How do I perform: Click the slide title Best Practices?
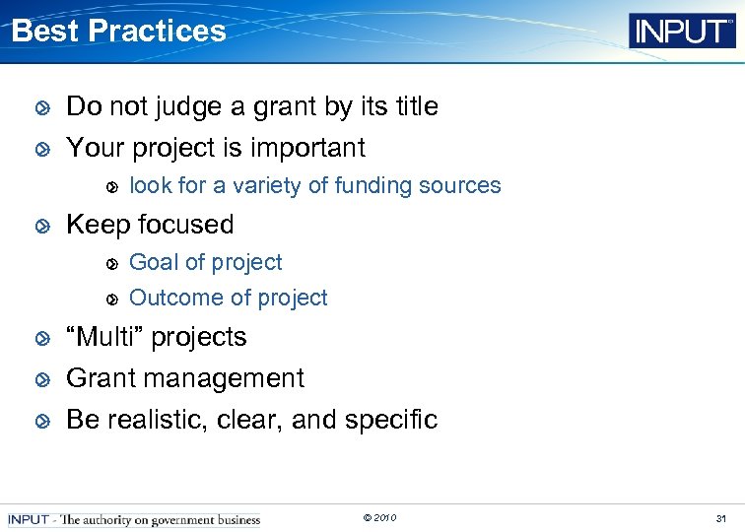(118, 31)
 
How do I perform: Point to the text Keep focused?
(150, 225)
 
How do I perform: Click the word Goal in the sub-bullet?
(153, 262)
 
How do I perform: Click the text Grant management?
(185, 378)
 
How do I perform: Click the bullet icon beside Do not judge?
(41, 107)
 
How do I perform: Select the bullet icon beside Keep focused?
(41, 226)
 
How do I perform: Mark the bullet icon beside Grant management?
(41, 379)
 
